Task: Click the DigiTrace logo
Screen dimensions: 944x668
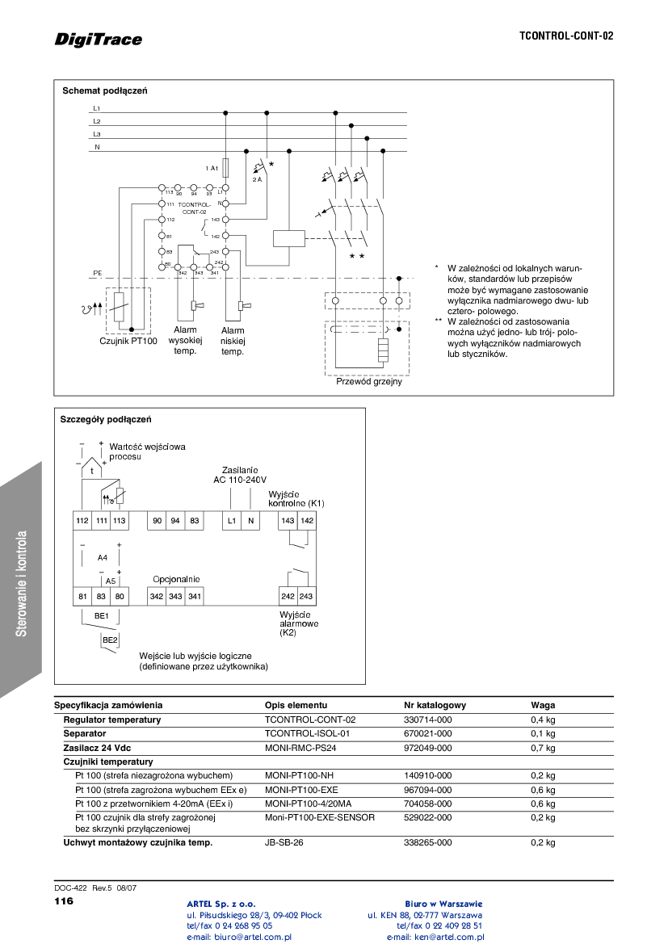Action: pos(99,39)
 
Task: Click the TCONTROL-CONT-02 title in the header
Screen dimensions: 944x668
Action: pos(565,36)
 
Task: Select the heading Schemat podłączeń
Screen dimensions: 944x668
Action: pos(105,90)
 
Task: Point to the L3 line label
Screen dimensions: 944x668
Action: pos(96,134)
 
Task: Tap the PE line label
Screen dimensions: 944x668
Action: pos(97,274)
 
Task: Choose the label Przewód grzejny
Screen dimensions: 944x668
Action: pos(369,382)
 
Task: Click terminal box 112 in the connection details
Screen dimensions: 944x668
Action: pos(82,521)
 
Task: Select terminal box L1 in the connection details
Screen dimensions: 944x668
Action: pos(232,521)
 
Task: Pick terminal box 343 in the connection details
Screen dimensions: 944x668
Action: pos(175,596)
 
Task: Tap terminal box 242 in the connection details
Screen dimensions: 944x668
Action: pos(288,596)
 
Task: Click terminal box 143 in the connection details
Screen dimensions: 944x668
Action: pos(288,521)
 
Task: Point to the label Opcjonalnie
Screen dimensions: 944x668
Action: pos(176,579)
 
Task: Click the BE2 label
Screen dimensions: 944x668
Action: pos(109,640)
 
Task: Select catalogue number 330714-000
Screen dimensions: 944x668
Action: pos(427,720)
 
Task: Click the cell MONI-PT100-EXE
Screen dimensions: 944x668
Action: pos(301,790)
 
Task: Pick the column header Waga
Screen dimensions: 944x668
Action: pos(542,705)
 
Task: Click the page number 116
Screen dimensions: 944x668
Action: pos(64,900)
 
